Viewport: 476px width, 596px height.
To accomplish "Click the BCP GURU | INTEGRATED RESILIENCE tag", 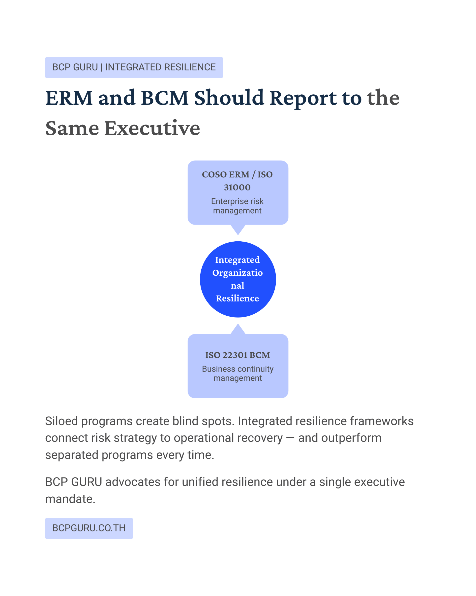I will (134, 68).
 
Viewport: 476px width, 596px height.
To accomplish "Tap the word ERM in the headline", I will (69, 98).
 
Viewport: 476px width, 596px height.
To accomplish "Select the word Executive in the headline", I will (152, 129).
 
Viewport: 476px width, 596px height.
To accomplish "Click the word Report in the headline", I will (303, 98).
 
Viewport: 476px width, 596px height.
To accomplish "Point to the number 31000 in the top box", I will (237, 187).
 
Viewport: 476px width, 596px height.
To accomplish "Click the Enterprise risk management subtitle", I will (237, 206).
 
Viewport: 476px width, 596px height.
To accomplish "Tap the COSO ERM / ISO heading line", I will (237, 174).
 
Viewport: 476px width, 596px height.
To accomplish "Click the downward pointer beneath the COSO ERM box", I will (238, 229).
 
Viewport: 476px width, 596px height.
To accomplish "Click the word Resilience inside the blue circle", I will (238, 298).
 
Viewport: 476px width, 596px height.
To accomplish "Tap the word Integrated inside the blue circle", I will (238, 260).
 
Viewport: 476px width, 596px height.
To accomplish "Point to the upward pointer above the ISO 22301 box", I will (238, 330).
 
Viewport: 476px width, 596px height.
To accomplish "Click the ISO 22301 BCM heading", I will (238, 355).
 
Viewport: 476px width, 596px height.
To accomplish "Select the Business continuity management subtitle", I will (238, 373).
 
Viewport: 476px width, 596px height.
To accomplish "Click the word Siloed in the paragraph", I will (61, 421).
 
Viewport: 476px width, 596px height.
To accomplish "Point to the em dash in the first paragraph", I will (290, 438).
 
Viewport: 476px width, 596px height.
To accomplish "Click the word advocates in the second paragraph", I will (133, 482).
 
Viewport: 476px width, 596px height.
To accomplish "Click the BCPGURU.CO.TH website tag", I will (89, 528).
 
